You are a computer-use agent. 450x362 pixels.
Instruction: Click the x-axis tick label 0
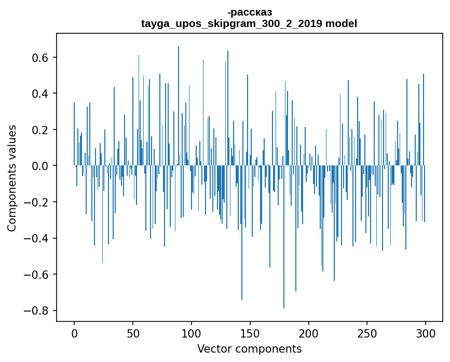[74, 333]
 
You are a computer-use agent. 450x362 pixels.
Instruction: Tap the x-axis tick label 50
[133, 333]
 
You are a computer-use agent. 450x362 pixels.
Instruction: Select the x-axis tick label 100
[192, 333]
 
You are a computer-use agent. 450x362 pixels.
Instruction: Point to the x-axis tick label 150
[250, 333]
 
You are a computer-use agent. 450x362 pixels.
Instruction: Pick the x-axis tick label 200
[309, 333]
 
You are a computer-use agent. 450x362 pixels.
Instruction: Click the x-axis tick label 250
[367, 333]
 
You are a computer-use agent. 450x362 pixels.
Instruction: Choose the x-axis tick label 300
[426, 333]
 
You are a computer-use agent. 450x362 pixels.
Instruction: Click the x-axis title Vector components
[249, 349]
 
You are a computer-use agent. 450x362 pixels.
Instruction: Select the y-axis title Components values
[12, 178]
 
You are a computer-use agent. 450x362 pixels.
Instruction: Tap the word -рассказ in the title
[249, 12]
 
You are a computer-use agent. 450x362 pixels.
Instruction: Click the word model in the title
[341, 23]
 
